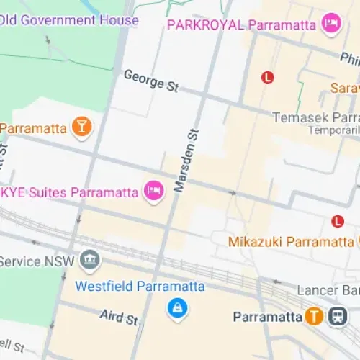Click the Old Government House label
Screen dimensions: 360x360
click(69, 19)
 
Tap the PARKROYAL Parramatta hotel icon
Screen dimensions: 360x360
click(330, 23)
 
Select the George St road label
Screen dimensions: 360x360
click(150, 81)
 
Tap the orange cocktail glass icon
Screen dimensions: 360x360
click(82, 127)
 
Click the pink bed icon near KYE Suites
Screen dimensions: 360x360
click(153, 190)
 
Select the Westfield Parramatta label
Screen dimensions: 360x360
click(140, 286)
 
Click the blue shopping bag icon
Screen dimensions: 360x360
click(176, 309)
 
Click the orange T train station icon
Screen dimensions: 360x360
click(313, 316)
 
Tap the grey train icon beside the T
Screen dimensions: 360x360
click(336, 316)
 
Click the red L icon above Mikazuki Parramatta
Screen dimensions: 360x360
click(336, 221)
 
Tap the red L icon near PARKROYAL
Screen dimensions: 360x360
click(268, 76)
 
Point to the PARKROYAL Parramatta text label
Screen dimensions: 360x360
click(241, 24)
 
